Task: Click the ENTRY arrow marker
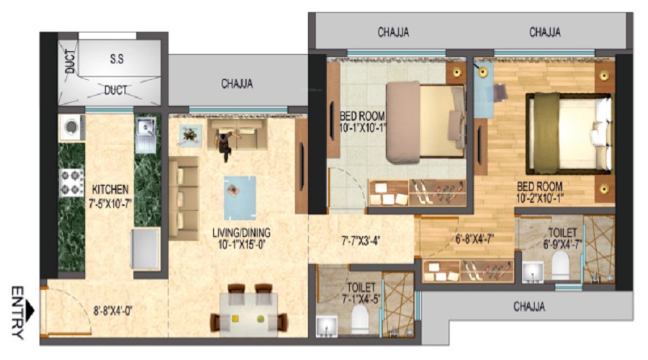30,310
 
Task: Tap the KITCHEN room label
110,189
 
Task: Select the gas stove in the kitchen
71,183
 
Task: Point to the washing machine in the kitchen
72,127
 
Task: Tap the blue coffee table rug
240,198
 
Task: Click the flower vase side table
191,135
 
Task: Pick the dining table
248,314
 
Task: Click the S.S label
117,59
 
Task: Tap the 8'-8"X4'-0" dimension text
112,311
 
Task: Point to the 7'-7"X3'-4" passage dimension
361,240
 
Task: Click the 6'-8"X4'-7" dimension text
475,238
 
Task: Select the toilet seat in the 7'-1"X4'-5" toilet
360,320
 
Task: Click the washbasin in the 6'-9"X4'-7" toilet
533,272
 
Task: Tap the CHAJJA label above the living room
237,84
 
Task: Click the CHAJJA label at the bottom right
529,307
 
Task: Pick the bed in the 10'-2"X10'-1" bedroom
569,133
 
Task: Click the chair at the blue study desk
500,93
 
